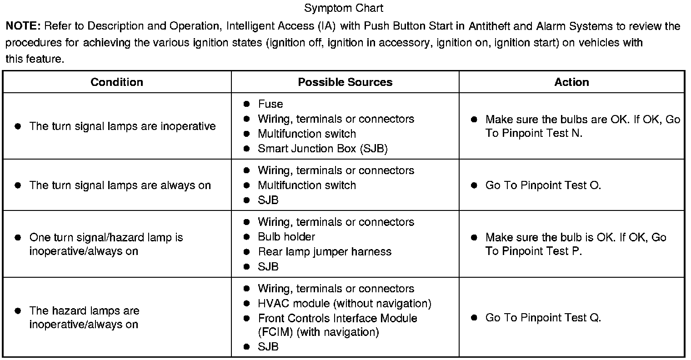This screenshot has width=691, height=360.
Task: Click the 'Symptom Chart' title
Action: point(344,8)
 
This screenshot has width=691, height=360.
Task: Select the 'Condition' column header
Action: point(117,82)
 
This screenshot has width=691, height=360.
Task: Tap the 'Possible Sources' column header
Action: point(345,82)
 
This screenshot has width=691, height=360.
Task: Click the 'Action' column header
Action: point(571,82)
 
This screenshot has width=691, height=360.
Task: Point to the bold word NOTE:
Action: point(23,26)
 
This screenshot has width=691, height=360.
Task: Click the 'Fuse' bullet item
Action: point(270,104)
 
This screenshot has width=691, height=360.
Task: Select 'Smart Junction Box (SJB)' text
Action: point(323,149)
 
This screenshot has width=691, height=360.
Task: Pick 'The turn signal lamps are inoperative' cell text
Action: point(122,126)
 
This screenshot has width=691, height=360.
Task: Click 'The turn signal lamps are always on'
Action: point(120,185)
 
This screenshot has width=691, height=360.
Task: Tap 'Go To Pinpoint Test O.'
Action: point(543,185)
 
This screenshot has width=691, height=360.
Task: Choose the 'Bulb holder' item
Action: point(286,237)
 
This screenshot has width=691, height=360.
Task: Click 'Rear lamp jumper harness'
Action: point(325,252)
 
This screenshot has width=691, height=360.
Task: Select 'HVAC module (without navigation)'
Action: point(345,303)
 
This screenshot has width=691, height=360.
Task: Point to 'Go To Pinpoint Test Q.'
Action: point(543,318)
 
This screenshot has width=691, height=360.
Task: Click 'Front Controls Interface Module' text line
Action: point(337,318)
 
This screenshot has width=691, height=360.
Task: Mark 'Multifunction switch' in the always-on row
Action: point(307,185)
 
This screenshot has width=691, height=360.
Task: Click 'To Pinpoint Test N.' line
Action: point(534,134)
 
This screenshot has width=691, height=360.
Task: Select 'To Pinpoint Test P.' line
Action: point(534,251)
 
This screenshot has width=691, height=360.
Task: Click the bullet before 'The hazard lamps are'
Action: point(18,311)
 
